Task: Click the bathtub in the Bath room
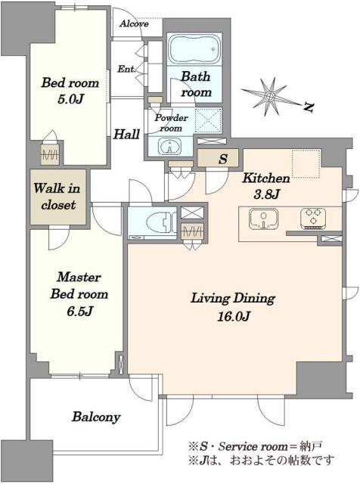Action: pyautogui.click(x=194, y=48)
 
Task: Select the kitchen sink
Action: pyautogui.click(x=263, y=219)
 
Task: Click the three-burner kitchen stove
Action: pyautogui.click(x=313, y=219)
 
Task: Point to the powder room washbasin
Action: pyautogui.click(x=169, y=146)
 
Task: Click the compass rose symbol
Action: pyautogui.click(x=269, y=97)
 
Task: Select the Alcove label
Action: pyautogui.click(x=134, y=23)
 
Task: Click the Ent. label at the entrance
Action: pyautogui.click(x=126, y=69)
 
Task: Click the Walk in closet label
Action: pyautogui.click(x=58, y=197)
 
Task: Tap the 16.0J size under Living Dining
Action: pyautogui.click(x=233, y=316)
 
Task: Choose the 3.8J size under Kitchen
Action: pyautogui.click(x=267, y=195)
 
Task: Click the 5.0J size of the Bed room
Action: pyautogui.click(x=70, y=99)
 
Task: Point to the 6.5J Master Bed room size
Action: pyautogui.click(x=79, y=311)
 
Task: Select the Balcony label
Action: pyautogui.click(x=96, y=417)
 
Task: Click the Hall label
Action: pyautogui.click(x=126, y=135)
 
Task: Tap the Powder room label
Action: pyautogui.click(x=171, y=123)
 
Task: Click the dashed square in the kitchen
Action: pyautogui.click(x=306, y=164)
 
